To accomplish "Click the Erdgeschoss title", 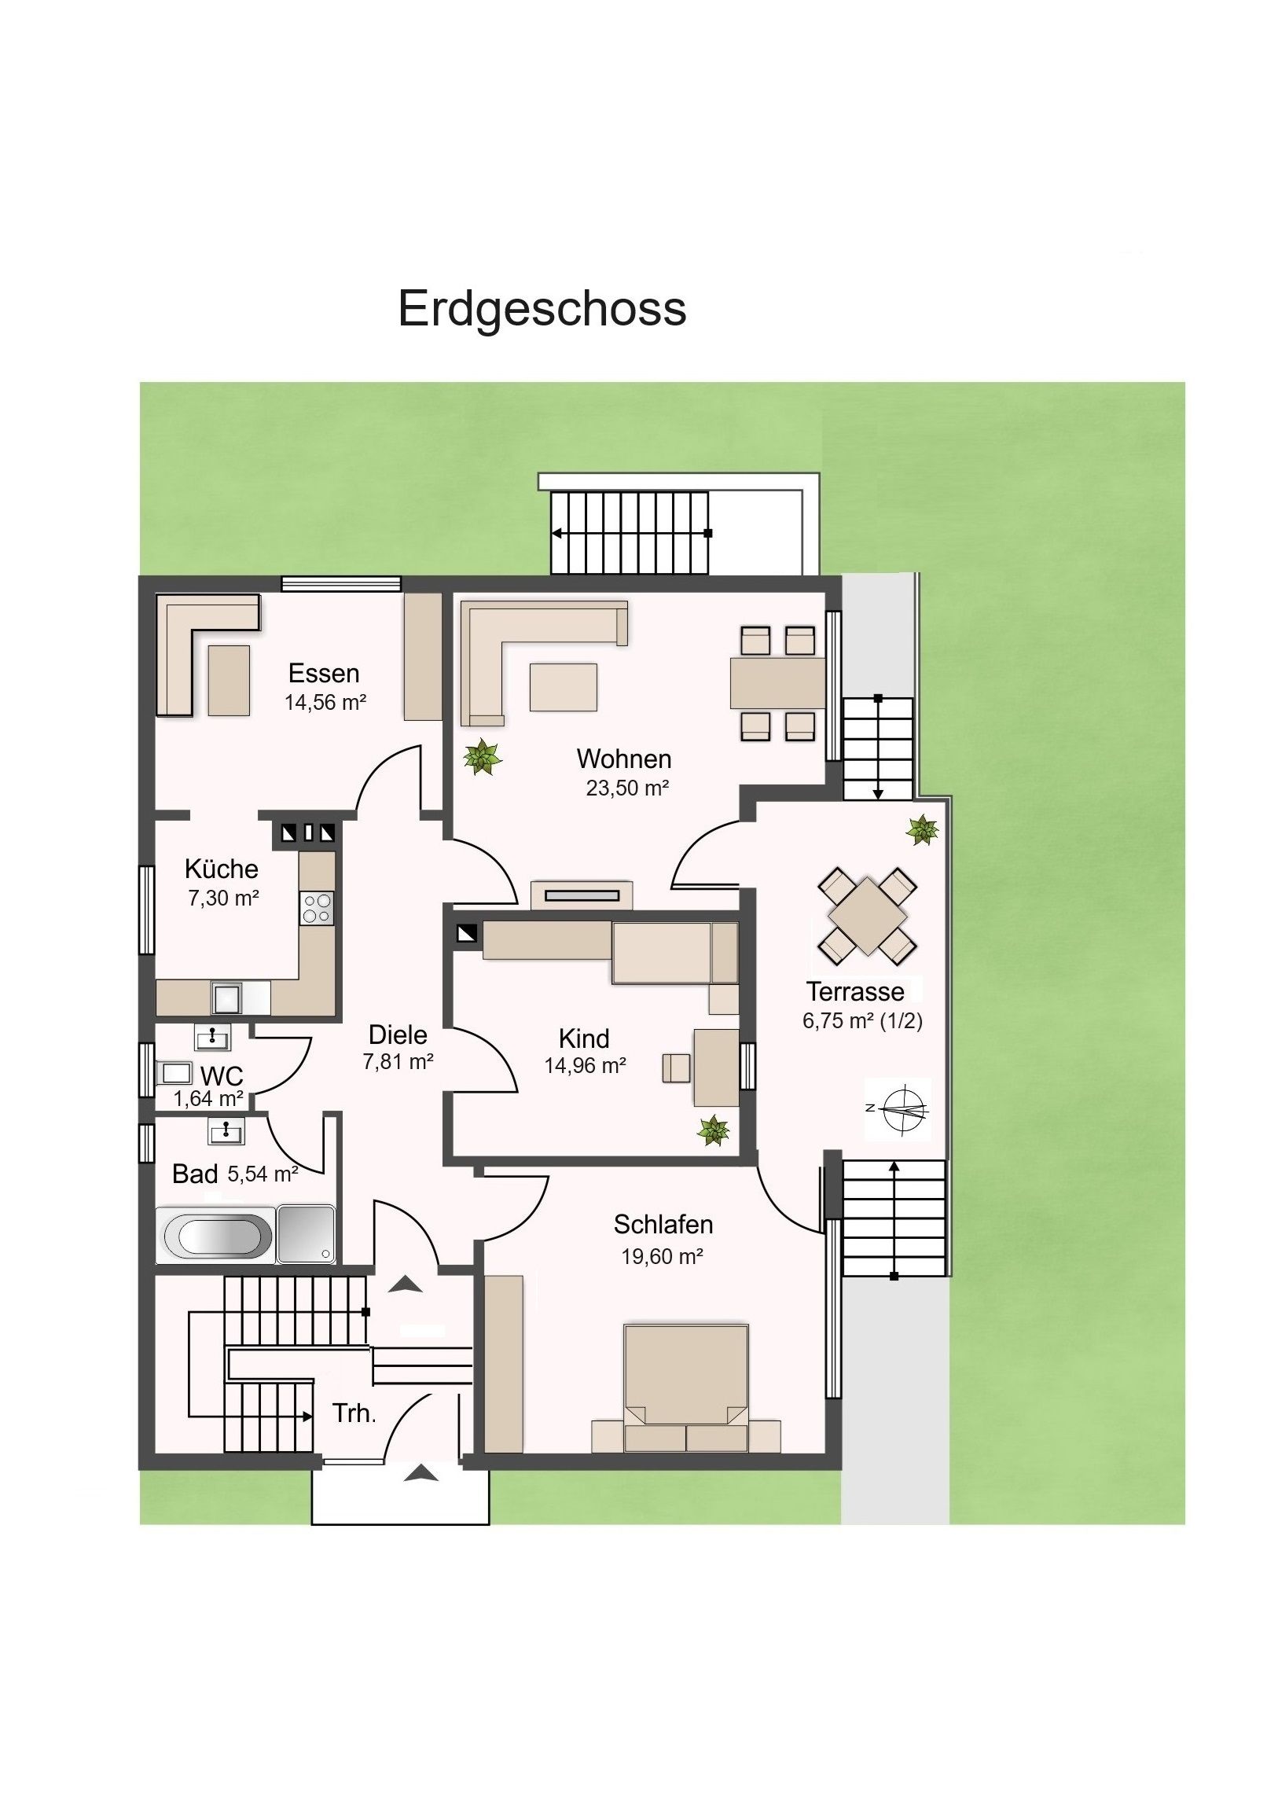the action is click(542, 310).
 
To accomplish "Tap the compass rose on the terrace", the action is click(898, 1108).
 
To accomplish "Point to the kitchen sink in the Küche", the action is click(229, 998).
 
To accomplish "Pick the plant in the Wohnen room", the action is click(482, 758).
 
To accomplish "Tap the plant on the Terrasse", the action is click(922, 830).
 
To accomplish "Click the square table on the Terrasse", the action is click(867, 915).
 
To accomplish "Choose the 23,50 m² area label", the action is click(626, 788).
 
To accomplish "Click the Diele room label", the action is click(398, 1034).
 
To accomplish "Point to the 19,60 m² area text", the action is click(663, 1256).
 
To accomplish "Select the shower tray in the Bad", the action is click(307, 1233).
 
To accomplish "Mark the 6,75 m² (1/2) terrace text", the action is click(862, 1020).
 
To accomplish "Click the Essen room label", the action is click(324, 673).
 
